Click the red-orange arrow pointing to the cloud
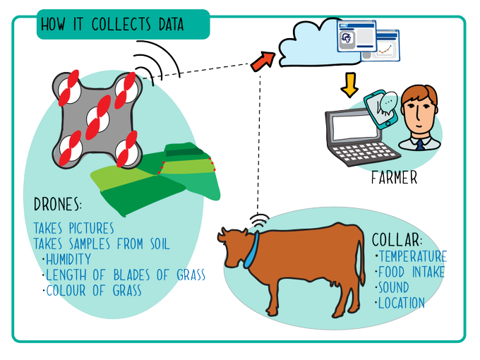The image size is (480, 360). [x=263, y=61]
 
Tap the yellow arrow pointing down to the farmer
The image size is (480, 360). [x=349, y=85]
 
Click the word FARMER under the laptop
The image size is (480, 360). [x=395, y=178]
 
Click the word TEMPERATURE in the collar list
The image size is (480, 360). [x=413, y=256]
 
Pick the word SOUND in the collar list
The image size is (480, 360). [x=394, y=287]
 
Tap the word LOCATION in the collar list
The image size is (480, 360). [x=402, y=303]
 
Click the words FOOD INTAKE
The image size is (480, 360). [x=412, y=272]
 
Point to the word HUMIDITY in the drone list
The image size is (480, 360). [x=68, y=259]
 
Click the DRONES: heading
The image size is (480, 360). [x=58, y=204]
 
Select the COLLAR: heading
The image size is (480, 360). [x=397, y=239]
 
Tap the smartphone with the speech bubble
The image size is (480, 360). [x=381, y=109]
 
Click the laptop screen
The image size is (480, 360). [x=355, y=127]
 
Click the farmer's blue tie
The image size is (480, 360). [x=420, y=144]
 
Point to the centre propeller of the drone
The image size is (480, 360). [x=98, y=118]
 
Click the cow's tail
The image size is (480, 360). [x=361, y=263]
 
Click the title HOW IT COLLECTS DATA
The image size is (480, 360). [x=112, y=24]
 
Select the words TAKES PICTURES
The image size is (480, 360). [x=74, y=229]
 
